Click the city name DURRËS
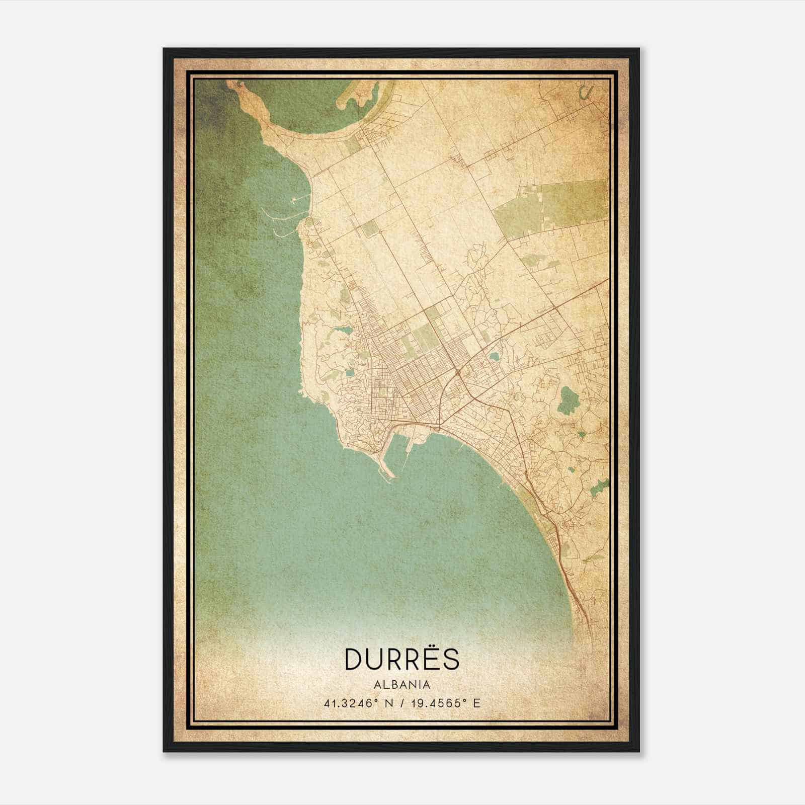click(402, 659)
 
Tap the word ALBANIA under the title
click(402, 685)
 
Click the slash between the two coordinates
click(401, 703)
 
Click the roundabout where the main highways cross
click(458, 373)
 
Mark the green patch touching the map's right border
click(600, 486)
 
